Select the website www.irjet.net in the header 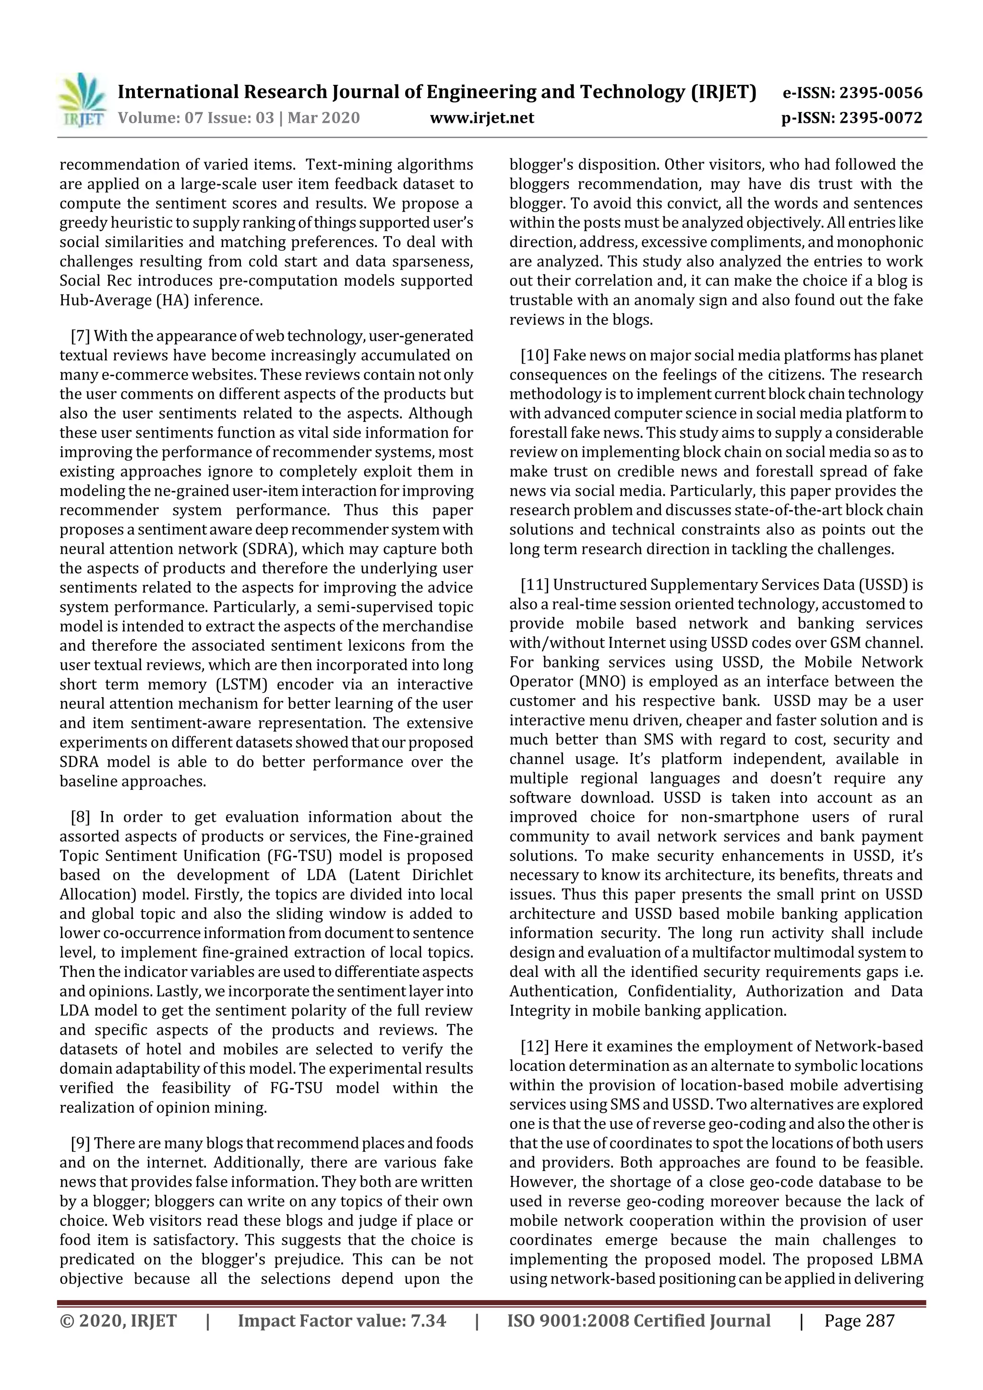pos(481,118)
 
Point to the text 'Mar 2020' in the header pos(324,118)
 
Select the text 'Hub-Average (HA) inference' pos(161,300)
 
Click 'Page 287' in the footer pos(859,1349)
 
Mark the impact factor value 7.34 pos(428,1349)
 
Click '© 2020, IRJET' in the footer pos(118,1349)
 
